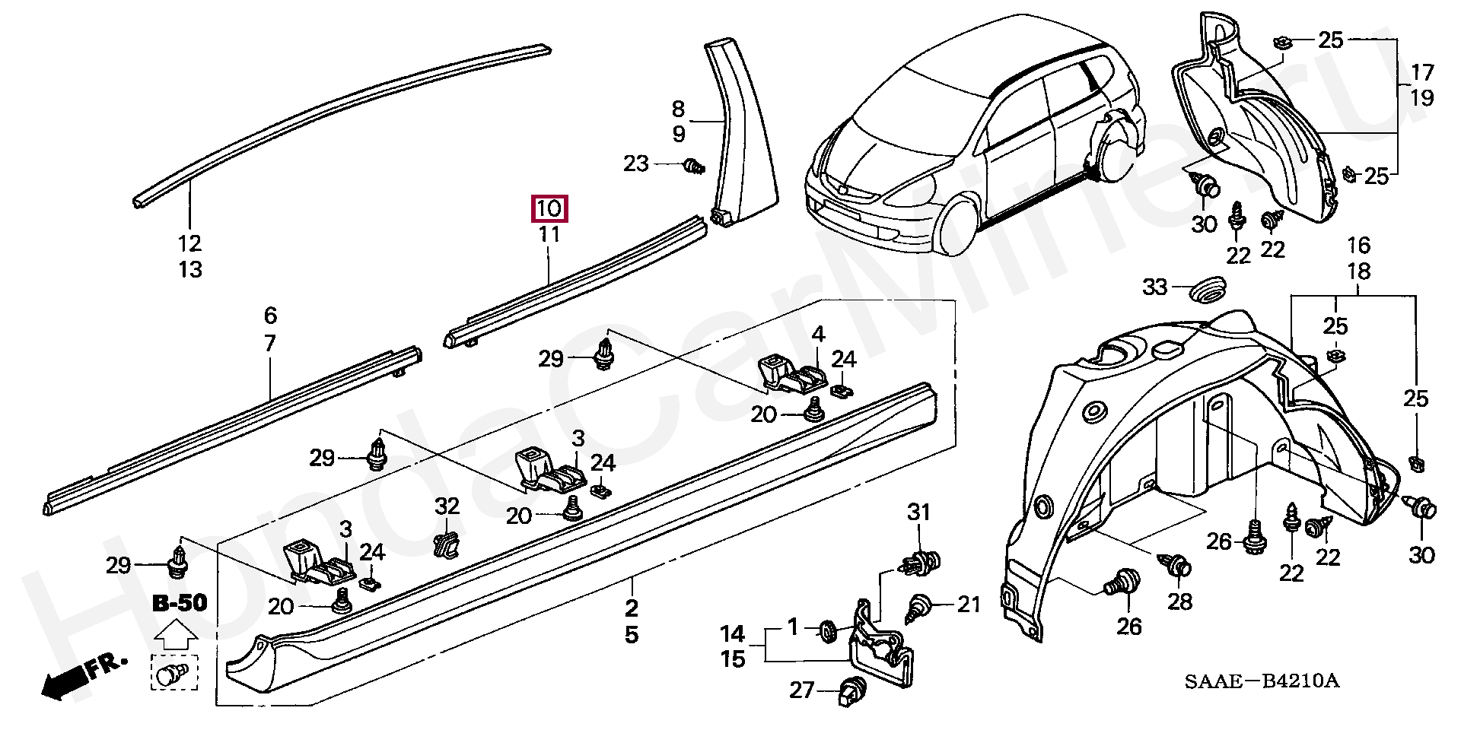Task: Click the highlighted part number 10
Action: tap(549, 208)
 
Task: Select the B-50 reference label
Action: tap(180, 604)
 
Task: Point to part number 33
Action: tap(1154, 287)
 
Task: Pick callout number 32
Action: tap(447, 506)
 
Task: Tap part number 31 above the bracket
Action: tap(918, 513)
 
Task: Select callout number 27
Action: tap(801, 690)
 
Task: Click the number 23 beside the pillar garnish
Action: tap(636, 163)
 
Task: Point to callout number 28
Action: tap(1180, 601)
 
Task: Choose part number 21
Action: tap(969, 605)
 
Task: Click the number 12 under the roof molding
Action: tap(190, 243)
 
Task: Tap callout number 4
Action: tap(818, 334)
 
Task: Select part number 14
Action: tap(733, 633)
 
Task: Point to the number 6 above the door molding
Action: tap(271, 315)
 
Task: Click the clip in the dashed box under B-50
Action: tap(174, 673)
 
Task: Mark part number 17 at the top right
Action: tap(1421, 73)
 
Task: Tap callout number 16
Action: tap(1358, 246)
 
